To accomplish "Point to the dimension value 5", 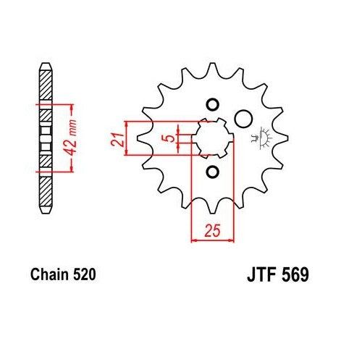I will tap(168, 138).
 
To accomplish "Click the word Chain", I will tap(49, 275).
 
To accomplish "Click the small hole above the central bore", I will tap(212, 102).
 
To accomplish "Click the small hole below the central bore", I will tap(212, 172).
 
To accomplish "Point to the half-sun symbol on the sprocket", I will tap(261, 138).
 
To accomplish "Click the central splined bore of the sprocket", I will tap(212, 137).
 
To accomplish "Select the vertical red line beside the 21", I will tap(127, 138).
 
